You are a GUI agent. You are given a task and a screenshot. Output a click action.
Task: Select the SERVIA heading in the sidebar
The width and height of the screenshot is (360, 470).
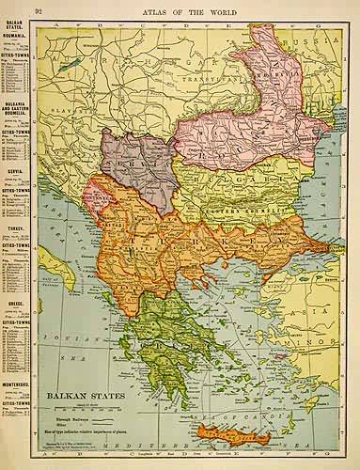[x=14, y=173]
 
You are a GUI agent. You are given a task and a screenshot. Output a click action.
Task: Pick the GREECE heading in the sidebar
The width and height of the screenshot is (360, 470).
[x=14, y=304]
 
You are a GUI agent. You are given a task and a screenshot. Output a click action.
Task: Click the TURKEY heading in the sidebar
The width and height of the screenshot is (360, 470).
[x=14, y=228]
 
